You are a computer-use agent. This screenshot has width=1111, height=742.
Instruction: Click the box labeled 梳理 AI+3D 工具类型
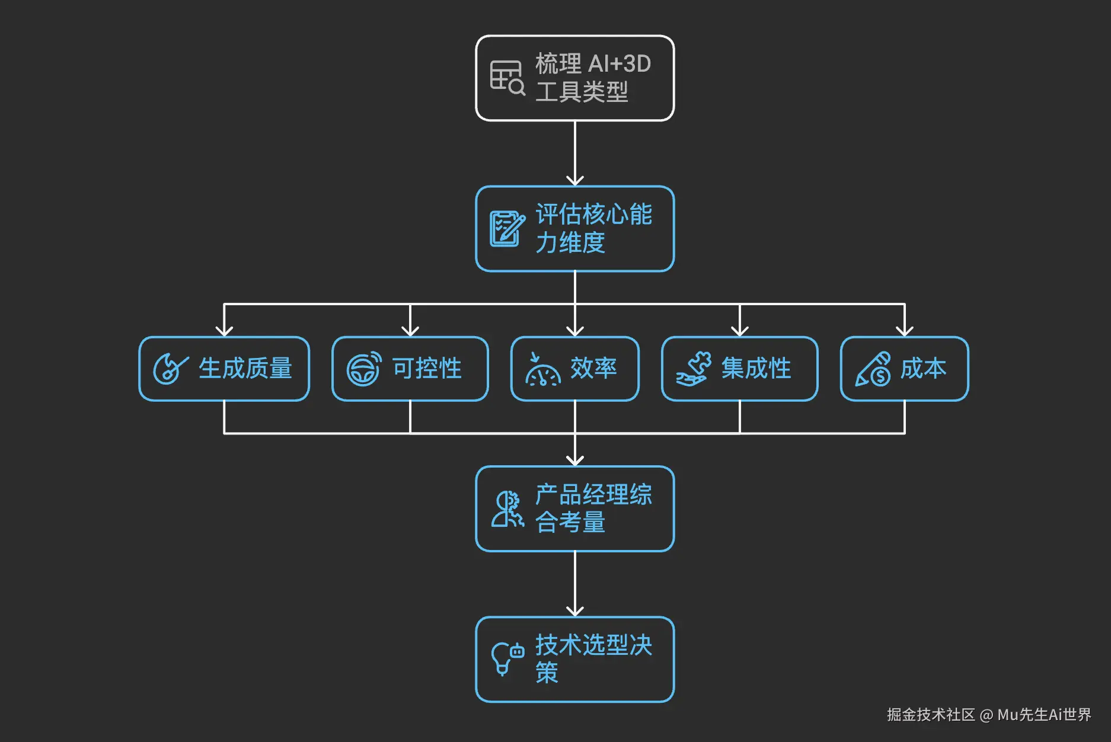click(x=574, y=78)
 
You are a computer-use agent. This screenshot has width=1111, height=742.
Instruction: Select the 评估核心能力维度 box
click(x=574, y=229)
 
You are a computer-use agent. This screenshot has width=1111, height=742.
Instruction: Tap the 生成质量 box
click(x=224, y=369)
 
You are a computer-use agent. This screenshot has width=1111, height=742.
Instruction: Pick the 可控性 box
click(x=410, y=369)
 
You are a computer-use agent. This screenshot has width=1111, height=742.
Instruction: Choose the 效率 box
click(x=574, y=369)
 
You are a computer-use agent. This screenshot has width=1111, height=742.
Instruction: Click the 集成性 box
click(x=739, y=369)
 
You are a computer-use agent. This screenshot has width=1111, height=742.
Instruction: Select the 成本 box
click(x=904, y=369)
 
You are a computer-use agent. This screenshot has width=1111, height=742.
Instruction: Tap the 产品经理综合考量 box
click(x=574, y=509)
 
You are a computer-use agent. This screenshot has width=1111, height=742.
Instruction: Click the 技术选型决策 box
click(x=574, y=660)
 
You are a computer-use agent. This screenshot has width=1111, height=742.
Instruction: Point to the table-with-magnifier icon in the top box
click(x=507, y=78)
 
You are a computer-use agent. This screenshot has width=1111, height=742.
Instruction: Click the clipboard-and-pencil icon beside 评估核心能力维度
click(x=507, y=229)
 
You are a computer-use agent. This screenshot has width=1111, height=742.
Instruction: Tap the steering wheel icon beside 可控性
click(x=363, y=369)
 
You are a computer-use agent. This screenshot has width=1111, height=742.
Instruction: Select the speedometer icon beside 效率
click(x=542, y=370)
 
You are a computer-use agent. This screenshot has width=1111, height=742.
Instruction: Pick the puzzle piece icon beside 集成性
click(x=694, y=369)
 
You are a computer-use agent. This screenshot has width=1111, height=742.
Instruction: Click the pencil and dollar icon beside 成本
click(x=873, y=369)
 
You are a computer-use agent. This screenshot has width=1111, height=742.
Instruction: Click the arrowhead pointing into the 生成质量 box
click(x=224, y=330)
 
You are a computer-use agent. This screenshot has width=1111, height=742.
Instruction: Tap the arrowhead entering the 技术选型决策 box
click(x=575, y=610)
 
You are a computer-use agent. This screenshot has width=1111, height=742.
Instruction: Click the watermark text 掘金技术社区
click(x=930, y=715)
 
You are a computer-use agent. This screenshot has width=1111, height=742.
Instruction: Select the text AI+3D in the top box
click(x=620, y=64)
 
